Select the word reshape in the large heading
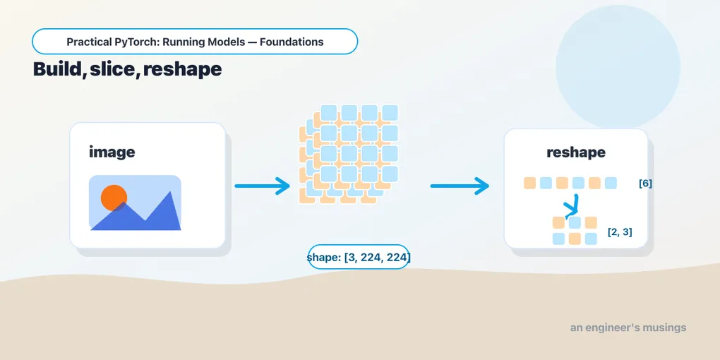[182, 70]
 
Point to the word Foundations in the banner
[292, 42]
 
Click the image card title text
[112, 152]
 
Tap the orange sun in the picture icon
[114, 198]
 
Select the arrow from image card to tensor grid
[262, 186]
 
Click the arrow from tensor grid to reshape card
[460, 186]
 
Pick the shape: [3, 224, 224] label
[358, 257]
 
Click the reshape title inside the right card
[576, 152]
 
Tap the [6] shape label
[645, 184]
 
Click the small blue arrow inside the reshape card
[572, 207]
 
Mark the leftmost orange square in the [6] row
[530, 183]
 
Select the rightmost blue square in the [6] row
[611, 183]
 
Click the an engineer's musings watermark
[628, 328]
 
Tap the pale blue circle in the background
[618, 67]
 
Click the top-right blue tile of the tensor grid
[390, 113]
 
